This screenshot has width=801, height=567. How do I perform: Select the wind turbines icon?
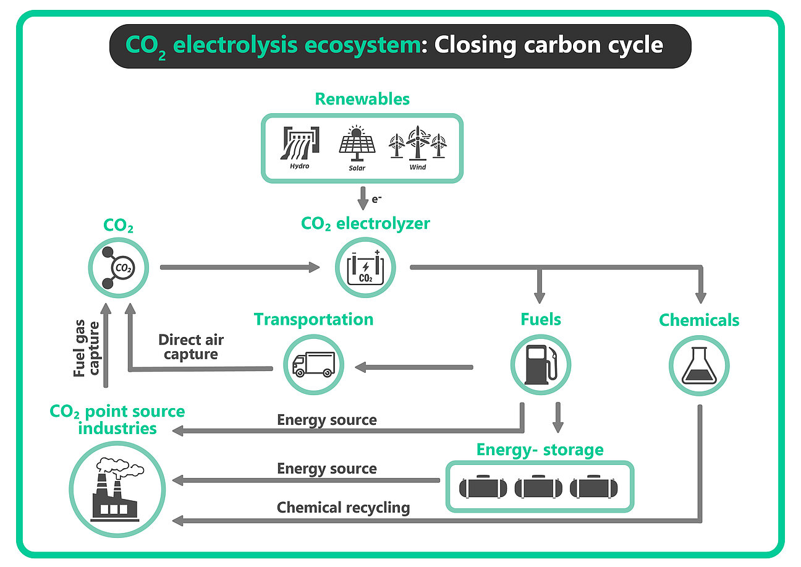click(417, 144)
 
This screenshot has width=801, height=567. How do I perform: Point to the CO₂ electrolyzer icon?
click(365, 267)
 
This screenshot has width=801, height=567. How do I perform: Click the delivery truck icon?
click(313, 364)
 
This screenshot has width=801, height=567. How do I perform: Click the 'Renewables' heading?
click(362, 99)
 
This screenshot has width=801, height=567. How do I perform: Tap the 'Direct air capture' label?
click(191, 347)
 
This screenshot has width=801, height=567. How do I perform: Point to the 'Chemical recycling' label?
click(343, 508)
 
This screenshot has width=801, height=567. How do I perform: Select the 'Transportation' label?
click(313, 319)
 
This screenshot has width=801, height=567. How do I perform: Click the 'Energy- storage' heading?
click(540, 449)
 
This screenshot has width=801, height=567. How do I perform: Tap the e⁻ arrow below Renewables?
click(363, 198)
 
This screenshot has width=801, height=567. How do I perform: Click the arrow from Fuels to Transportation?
click(413, 367)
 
